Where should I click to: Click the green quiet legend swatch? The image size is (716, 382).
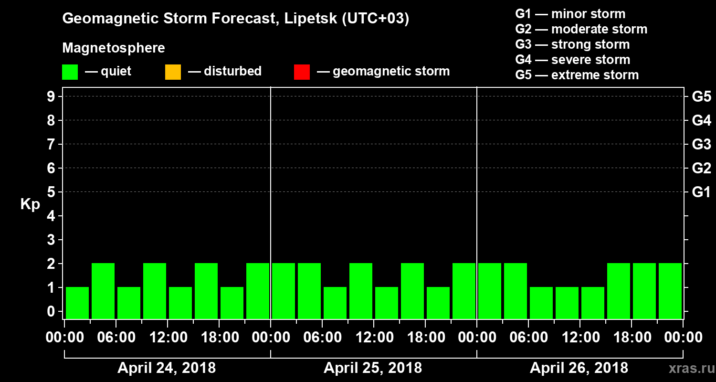70,72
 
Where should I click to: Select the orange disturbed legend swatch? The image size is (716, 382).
173,72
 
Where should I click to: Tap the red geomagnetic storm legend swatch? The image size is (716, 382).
302,72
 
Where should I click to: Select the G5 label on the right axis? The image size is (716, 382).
701,97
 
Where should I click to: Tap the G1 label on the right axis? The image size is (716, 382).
701,192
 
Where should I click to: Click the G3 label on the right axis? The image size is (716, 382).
701,145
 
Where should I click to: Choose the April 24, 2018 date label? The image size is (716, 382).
167,368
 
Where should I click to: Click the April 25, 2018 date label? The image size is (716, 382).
373,368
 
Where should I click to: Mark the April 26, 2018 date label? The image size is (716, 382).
579,368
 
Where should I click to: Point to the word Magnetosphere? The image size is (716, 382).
114,48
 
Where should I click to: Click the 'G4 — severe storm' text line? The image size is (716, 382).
572,60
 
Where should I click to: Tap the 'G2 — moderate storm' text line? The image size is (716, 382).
581,29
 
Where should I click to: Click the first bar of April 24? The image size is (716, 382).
77,303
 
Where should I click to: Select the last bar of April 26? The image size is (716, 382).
670,291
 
